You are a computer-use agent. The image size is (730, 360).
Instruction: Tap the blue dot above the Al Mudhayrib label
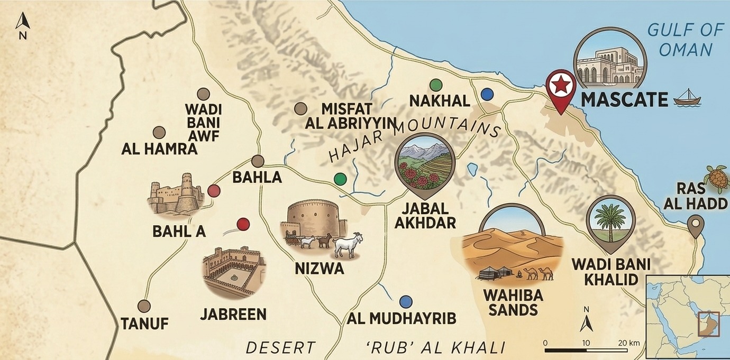[406, 301]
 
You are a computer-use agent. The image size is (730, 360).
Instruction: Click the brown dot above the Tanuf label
[144, 306]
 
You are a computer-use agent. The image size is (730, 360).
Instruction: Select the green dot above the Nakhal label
[435, 85]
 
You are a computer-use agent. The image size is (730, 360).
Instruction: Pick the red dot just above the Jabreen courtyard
[243, 224]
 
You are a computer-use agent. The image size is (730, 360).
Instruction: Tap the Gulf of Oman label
[686, 40]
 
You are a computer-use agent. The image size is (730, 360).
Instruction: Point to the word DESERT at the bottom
[280, 348]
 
